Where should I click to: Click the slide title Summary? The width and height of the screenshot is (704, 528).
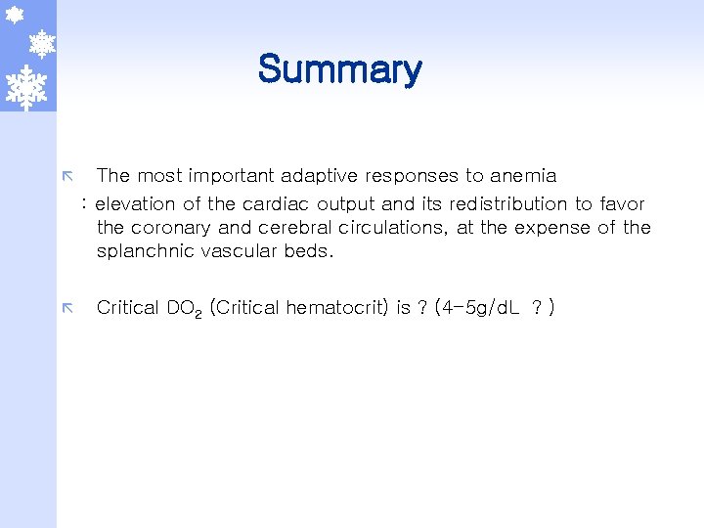coord(339,69)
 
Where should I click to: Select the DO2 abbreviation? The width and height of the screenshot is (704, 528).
coord(184,309)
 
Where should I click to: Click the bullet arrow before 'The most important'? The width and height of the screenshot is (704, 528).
coord(67,177)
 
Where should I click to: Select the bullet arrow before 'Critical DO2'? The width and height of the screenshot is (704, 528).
coord(67,309)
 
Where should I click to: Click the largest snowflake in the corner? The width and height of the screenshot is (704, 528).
coord(26,87)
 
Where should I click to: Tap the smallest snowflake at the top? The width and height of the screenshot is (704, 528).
coord(15,15)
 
